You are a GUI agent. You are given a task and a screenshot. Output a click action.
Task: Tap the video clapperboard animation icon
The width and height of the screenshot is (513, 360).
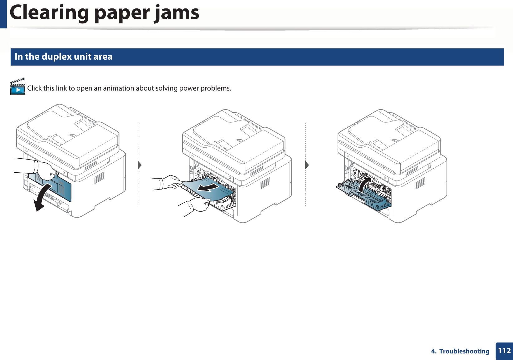click(17, 87)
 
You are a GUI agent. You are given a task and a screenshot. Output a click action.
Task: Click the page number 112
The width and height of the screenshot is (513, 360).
click(504, 351)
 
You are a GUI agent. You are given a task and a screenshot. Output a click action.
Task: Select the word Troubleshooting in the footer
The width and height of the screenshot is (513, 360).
click(464, 351)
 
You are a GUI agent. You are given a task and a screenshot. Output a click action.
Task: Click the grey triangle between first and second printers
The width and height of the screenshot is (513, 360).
click(140, 165)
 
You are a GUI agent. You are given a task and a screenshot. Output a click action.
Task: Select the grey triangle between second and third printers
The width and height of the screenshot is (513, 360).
click(307, 165)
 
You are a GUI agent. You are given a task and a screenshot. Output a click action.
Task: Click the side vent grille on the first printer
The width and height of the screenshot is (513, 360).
click(99, 178)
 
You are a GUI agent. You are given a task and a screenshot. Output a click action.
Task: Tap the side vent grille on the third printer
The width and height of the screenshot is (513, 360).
click(420, 183)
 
